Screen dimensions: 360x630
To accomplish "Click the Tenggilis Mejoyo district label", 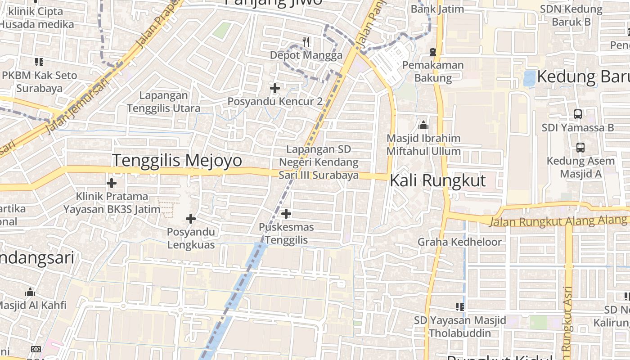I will tap(177, 161).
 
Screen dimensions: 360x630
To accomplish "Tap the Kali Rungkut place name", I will tap(438, 180).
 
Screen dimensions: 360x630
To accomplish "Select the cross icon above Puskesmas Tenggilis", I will tap(286, 213).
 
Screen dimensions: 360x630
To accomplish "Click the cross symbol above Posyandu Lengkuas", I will tap(191, 219).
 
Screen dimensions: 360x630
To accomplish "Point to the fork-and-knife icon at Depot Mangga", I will tap(306, 42).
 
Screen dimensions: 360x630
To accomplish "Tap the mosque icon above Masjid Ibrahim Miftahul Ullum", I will tap(423, 125).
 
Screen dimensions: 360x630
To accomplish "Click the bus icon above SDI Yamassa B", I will tap(578, 114).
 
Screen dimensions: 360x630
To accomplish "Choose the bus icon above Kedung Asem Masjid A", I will tap(580, 147).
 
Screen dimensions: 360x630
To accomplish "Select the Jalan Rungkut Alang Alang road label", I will tap(558, 221).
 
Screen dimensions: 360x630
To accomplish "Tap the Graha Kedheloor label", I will tap(459, 242).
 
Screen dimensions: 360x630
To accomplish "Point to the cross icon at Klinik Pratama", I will tap(112, 183).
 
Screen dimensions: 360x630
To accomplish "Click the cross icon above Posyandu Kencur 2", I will tap(275, 88).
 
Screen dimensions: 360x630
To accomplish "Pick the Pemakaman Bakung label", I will tap(432, 71).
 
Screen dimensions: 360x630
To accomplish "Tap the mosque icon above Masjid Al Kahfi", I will tap(30, 292).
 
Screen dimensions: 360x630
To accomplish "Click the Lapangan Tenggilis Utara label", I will tap(164, 102).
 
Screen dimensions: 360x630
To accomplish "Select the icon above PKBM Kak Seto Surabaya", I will tap(39, 62).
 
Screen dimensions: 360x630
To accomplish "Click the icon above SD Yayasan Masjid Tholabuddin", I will tap(459, 307).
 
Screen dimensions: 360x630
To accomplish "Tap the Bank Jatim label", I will tap(437, 9).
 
